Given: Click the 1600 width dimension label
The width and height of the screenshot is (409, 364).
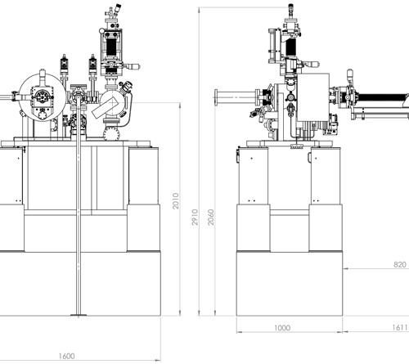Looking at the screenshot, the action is coord(66,356).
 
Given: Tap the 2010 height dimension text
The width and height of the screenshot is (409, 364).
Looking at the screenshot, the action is coord(176,201).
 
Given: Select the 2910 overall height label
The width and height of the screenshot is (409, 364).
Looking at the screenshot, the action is coord(195,218).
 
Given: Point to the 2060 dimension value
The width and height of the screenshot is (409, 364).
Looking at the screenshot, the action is coord(211,218).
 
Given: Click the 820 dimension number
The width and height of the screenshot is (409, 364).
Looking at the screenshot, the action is coord(400,264).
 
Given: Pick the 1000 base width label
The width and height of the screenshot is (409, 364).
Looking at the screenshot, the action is coord(282,328).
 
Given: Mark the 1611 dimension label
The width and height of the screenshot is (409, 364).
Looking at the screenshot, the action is coord(400,327).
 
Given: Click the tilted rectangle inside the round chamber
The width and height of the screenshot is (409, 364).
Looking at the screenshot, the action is coord(105,108).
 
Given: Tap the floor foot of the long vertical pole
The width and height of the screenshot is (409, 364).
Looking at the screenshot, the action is coord(79,315).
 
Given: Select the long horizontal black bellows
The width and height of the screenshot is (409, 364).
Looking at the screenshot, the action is coord(382,100).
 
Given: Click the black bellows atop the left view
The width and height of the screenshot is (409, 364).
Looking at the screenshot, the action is coord(111,46).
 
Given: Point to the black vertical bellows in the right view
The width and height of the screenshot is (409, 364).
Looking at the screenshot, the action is coord(290,47).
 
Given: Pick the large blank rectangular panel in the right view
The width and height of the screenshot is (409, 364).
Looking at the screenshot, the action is coord(313,97).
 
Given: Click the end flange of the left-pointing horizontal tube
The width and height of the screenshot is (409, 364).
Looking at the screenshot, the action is coord(216,97).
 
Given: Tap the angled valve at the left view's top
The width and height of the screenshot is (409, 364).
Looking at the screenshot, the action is coord(118,8).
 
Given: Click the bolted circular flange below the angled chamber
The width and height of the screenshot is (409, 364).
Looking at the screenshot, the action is coord(111,133).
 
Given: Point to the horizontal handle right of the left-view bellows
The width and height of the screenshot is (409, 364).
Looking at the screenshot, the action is coord(132,66).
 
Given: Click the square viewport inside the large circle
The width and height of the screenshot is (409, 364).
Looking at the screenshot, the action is coord(42,97).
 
